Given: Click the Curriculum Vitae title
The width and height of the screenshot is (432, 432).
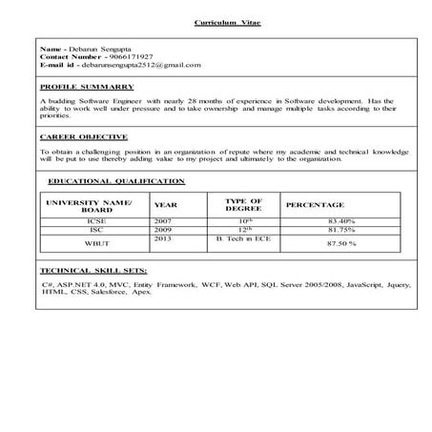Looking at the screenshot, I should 219,21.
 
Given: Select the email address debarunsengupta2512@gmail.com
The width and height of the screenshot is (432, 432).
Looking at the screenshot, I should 141,65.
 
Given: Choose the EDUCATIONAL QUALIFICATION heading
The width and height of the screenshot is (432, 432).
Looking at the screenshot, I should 116,180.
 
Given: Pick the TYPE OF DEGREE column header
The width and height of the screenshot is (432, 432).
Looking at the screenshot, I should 243,204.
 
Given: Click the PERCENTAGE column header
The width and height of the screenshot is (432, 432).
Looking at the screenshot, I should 316,205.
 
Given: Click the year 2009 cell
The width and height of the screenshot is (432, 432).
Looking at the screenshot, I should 164,230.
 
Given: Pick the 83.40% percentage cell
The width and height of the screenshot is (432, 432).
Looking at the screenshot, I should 339,220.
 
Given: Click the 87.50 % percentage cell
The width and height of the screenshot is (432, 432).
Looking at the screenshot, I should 339,244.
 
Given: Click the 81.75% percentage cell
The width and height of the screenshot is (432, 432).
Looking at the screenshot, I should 339,230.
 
